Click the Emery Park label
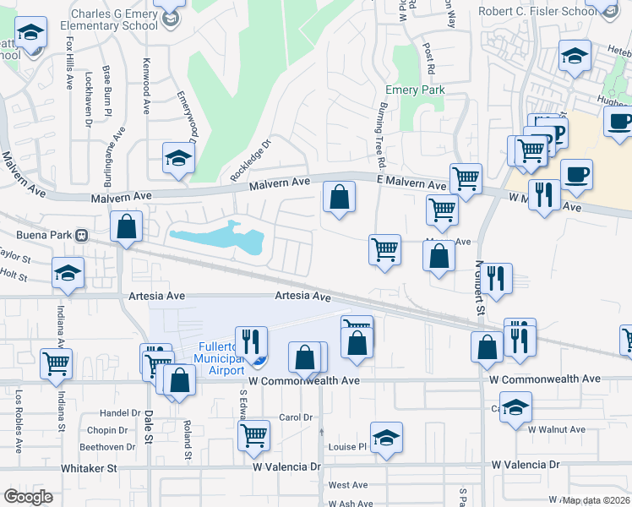coord(415,90)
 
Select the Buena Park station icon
coord(82,235)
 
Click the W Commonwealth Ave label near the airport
coord(304,381)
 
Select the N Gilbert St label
coord(479,287)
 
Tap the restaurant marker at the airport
coord(251,340)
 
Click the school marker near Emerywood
coord(178,157)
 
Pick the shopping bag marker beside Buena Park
coord(126,226)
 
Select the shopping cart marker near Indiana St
coord(56,363)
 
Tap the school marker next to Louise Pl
coord(386,437)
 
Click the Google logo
coord(28,497)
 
